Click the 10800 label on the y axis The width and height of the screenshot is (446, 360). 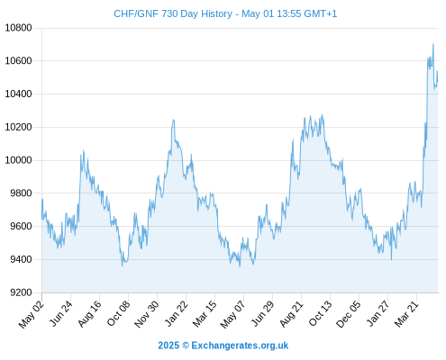coord(18,28)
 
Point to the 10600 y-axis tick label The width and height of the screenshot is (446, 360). coord(18,61)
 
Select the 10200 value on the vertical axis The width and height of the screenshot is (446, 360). coord(18,127)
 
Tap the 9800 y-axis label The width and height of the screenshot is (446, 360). coord(21,193)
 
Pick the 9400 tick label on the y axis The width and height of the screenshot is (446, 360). coord(21,259)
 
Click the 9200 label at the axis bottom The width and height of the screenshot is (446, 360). coord(21,292)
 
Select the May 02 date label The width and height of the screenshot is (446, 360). coord(32,313)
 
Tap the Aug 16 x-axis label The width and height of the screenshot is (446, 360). coord(90,313)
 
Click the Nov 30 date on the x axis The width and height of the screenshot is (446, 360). coord(147,313)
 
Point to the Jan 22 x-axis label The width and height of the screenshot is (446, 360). coord(177,313)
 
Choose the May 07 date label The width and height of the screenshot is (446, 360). coord(233,313)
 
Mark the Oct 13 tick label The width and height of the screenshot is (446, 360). coord(321,313)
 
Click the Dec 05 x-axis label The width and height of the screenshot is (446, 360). coord(349,313)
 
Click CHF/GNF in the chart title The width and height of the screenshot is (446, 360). coord(136,13)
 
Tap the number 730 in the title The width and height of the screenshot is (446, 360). coord(170,13)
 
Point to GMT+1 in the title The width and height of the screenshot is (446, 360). coord(321,13)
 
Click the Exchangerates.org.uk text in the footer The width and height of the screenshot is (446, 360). coord(240,346)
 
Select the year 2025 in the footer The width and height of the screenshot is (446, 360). coord(168,346)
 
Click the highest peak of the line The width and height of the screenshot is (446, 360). coord(433,44)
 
